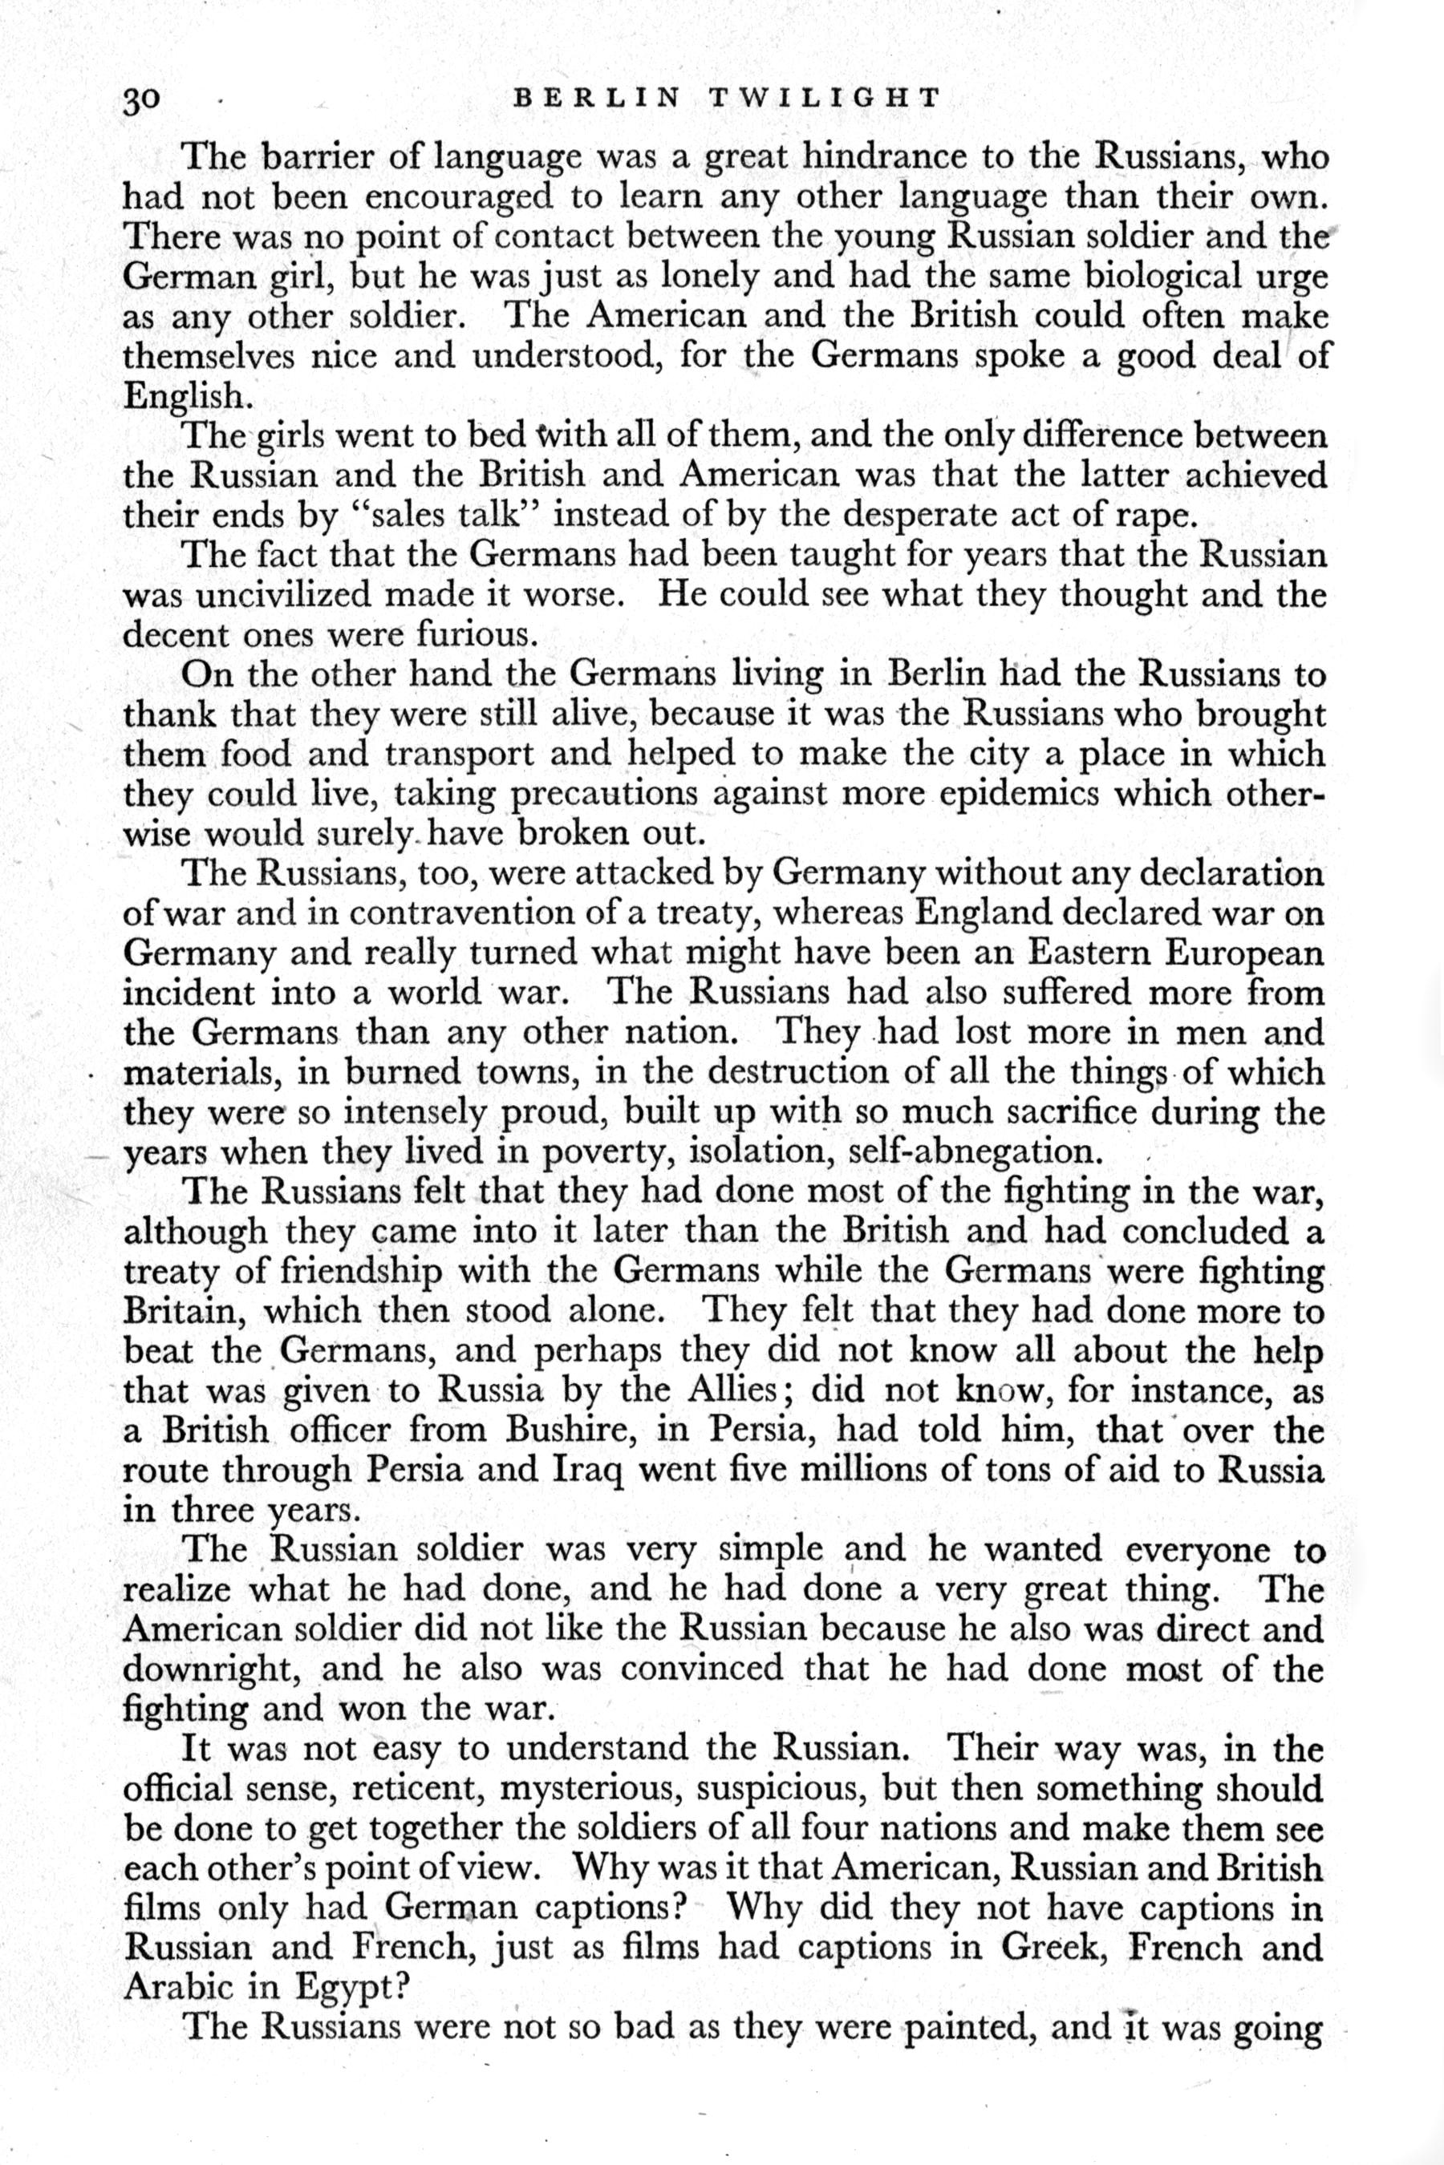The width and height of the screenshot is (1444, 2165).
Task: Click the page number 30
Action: point(142,99)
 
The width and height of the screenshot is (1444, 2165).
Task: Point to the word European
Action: point(1243,953)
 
